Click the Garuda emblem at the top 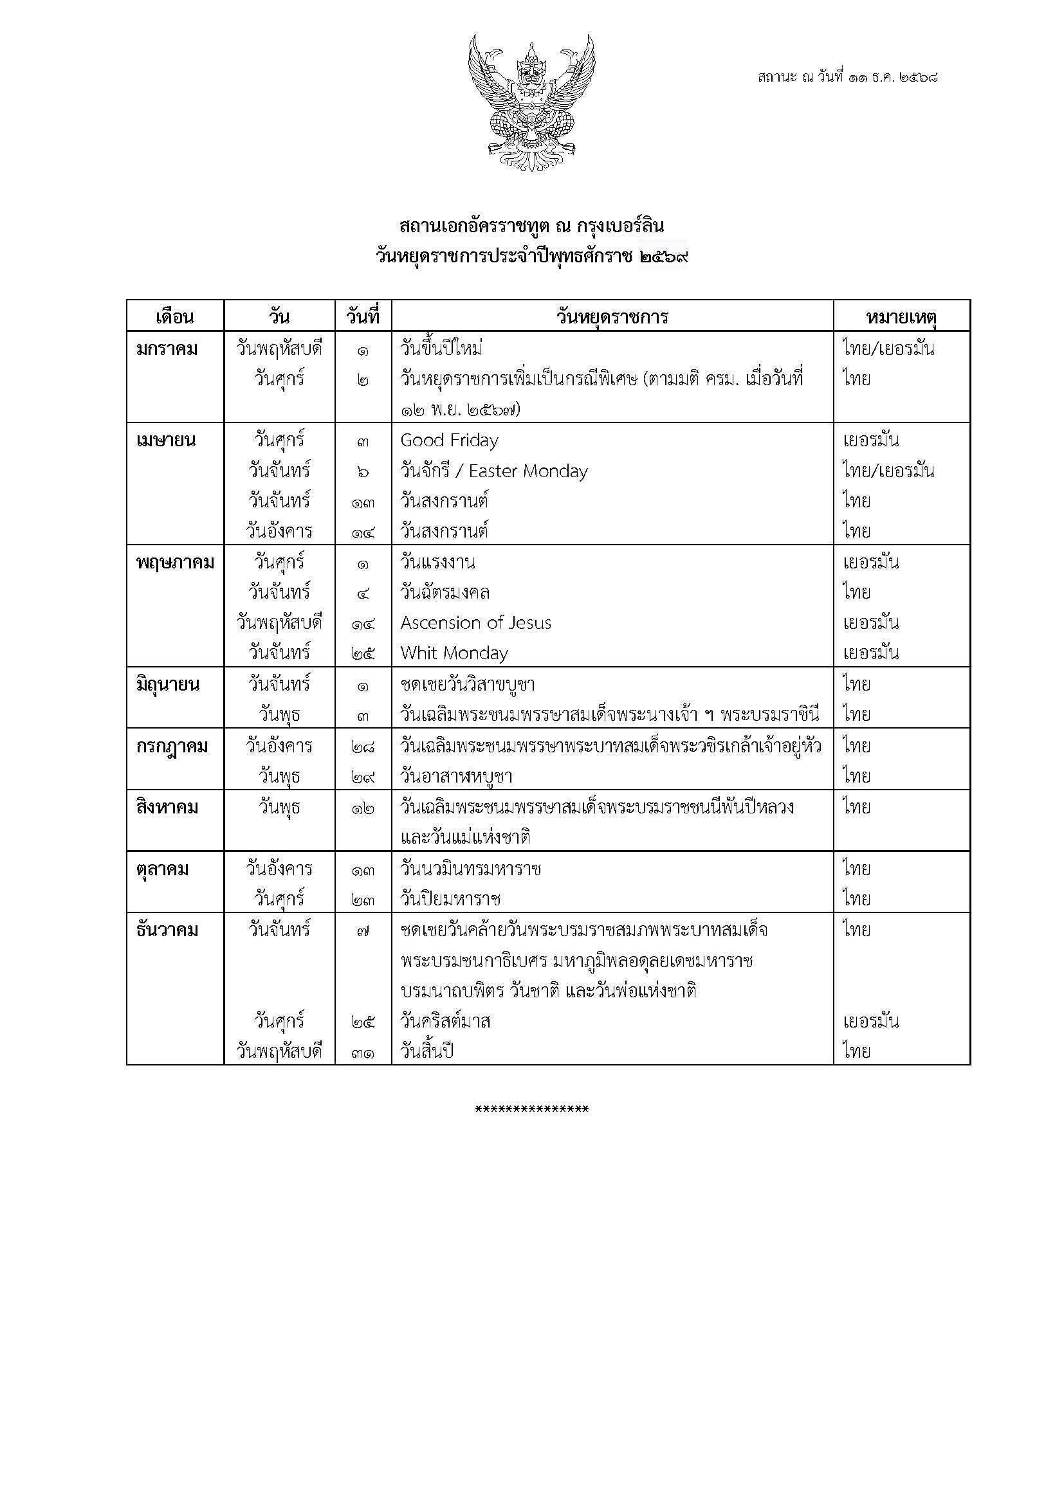[531, 103]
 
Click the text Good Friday [450, 441]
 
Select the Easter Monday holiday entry [494, 471]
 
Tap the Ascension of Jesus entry [475, 623]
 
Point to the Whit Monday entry [454, 653]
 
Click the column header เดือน [175, 317]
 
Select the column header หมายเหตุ [901, 317]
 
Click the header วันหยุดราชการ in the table [612, 317]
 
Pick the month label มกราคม [167, 349]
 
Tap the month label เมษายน [166, 440]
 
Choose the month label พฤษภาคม [175, 563]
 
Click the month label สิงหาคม [167, 807]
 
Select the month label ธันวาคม [167, 930]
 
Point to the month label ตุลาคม [163, 869]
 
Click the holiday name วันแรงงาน [437, 563]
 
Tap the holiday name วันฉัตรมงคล [445, 593]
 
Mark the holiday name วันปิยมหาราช [451, 900]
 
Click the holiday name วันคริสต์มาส [446, 1021]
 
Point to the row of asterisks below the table [531, 1110]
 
